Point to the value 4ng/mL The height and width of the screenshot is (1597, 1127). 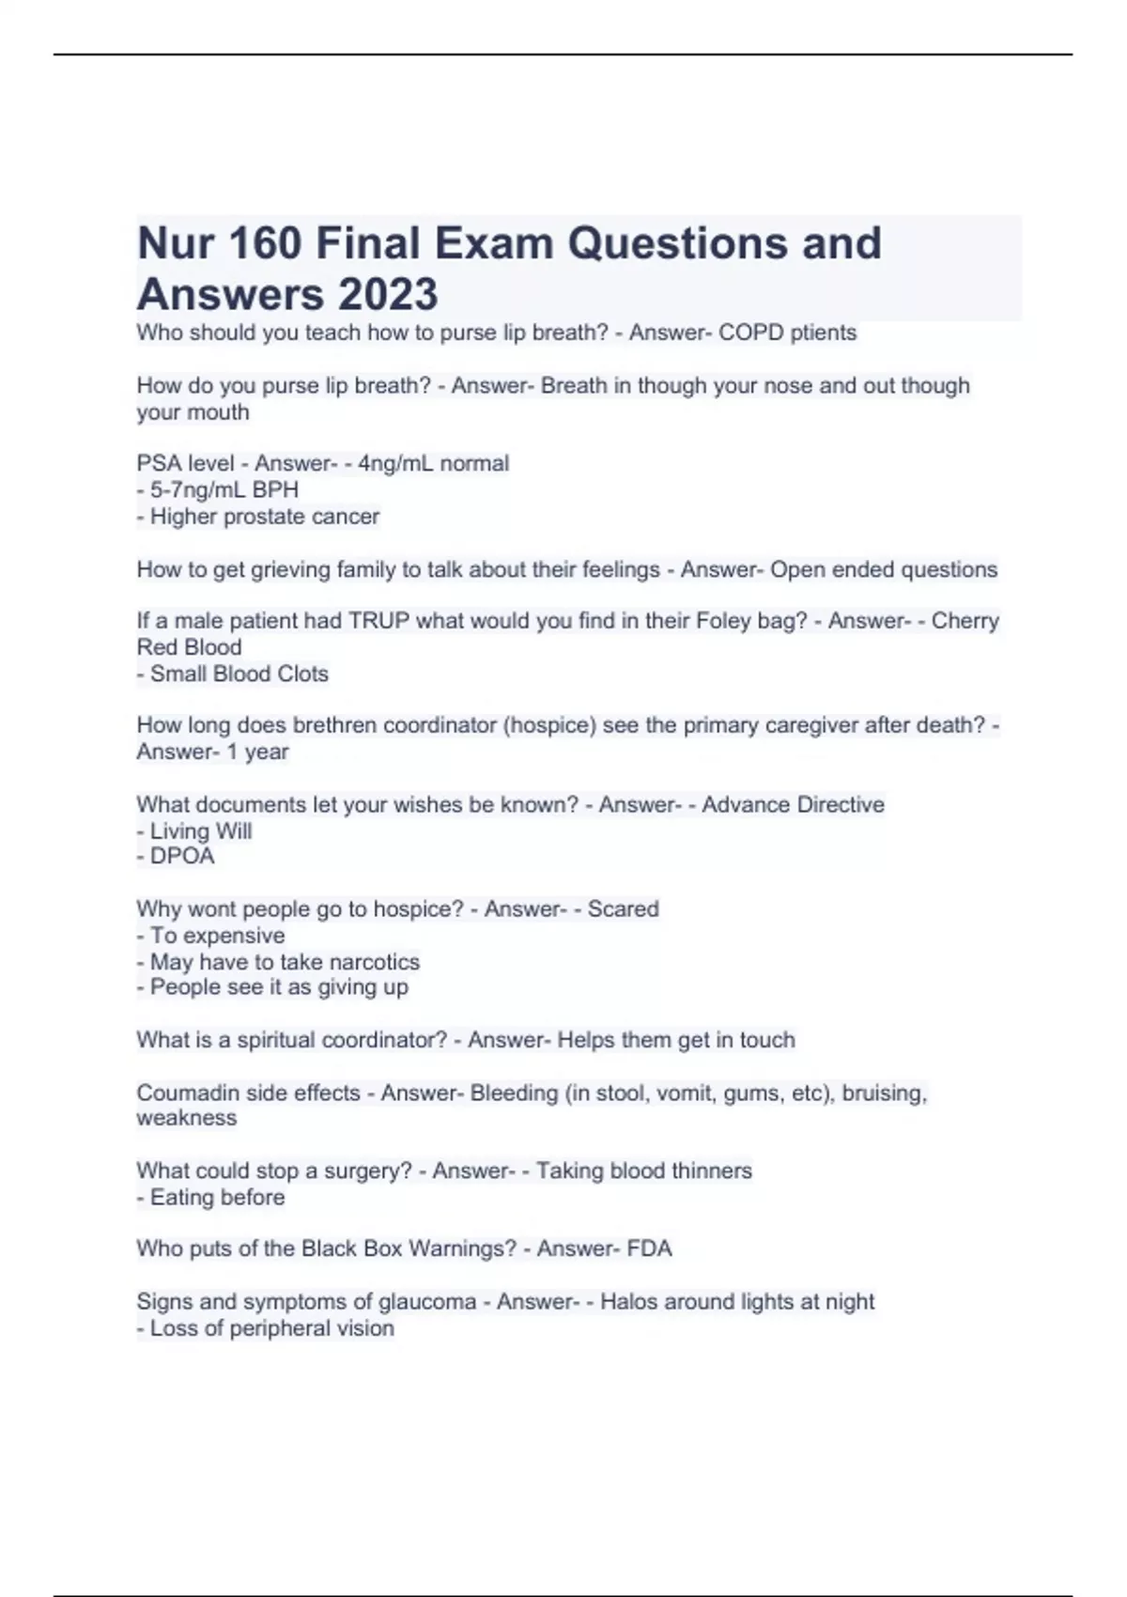tap(395, 463)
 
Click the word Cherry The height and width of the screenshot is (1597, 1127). tap(965, 621)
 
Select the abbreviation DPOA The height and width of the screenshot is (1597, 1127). tap(182, 856)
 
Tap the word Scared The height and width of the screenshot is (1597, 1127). tap(623, 909)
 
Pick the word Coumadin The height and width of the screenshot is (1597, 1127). tap(181, 1093)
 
